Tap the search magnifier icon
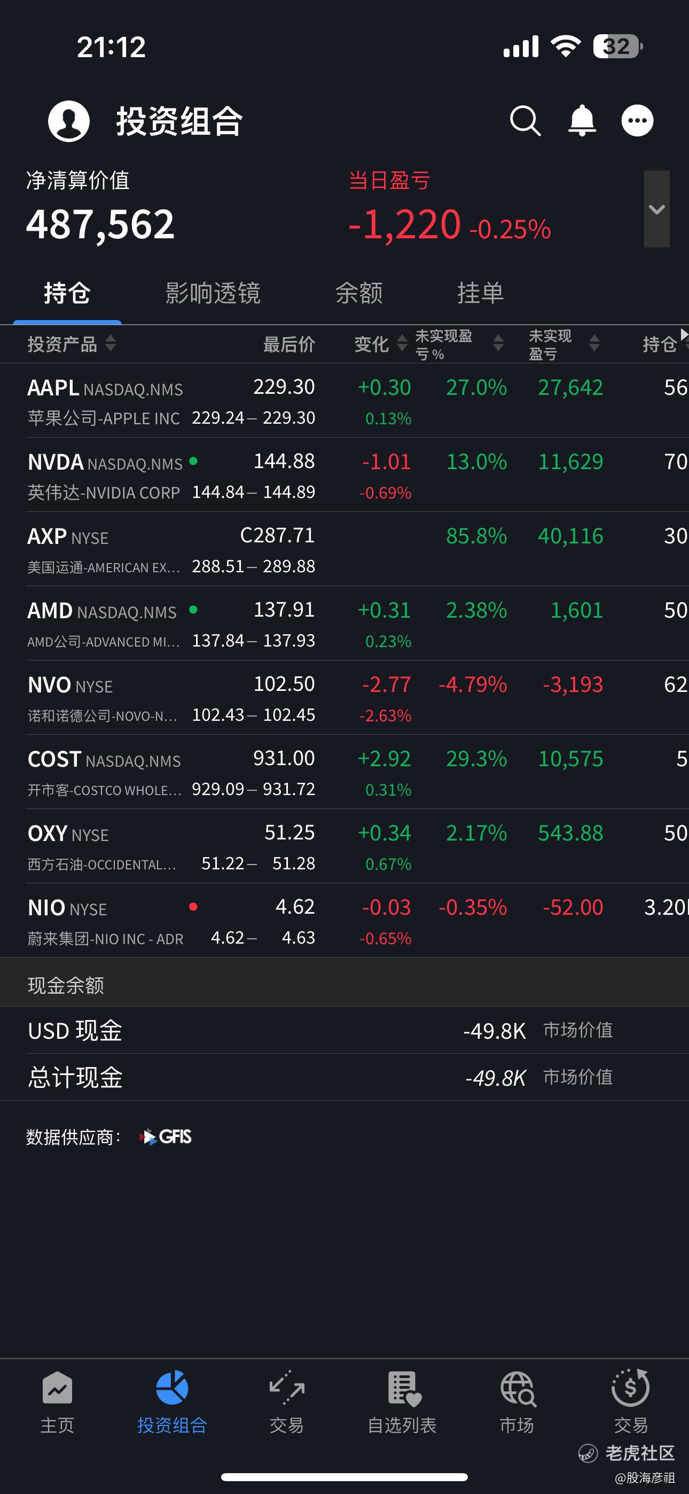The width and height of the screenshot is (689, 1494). [x=526, y=121]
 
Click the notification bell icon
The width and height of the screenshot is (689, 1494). [x=582, y=121]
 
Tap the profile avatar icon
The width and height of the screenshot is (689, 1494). [x=69, y=121]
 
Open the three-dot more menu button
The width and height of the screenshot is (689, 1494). [x=637, y=121]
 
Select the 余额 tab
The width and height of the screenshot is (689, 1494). [x=359, y=293]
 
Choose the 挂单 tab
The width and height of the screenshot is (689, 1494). [x=480, y=293]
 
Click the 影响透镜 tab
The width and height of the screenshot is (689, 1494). [x=213, y=293]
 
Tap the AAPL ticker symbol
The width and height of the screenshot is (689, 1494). [x=53, y=387]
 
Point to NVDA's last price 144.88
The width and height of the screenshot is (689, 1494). [x=284, y=461]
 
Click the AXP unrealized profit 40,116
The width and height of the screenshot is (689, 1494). [x=570, y=536]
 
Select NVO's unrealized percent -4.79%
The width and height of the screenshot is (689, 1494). [x=473, y=684]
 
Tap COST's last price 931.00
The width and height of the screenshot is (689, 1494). [x=284, y=758]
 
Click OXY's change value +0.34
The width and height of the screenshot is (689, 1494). [x=385, y=833]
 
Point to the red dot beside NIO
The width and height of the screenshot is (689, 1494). [x=193, y=906]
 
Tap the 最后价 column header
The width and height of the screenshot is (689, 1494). [x=289, y=344]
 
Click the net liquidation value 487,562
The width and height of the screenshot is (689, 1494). [x=100, y=224]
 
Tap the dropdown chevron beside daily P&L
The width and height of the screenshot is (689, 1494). [x=656, y=209]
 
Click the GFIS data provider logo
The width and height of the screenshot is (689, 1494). [x=166, y=1137]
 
